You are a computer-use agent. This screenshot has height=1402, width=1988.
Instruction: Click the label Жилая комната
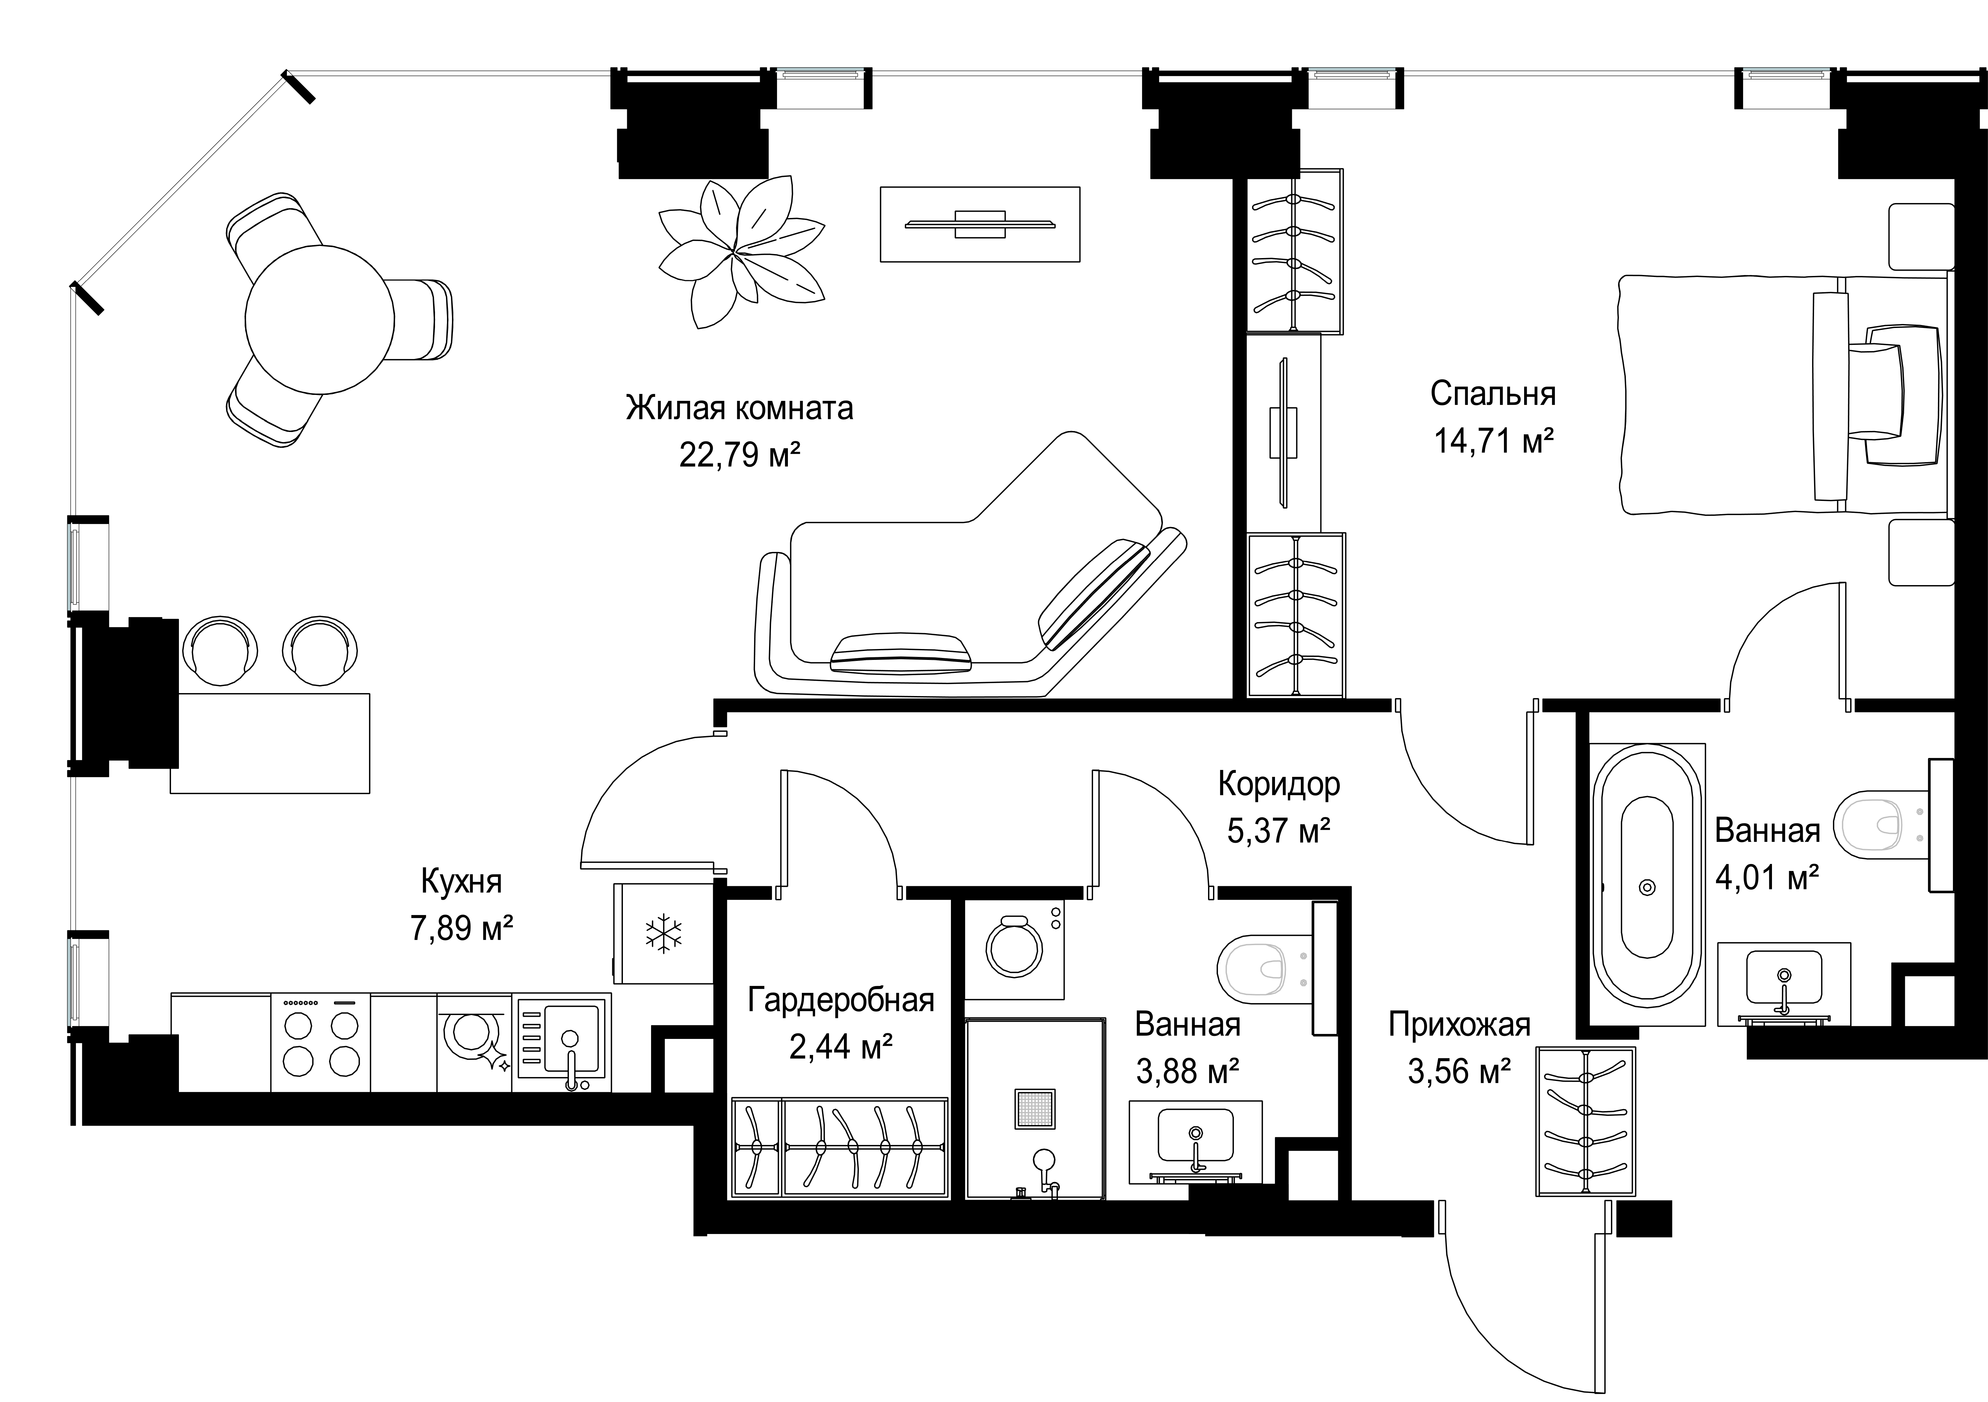tap(740, 408)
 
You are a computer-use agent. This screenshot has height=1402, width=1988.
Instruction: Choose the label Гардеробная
tap(841, 1000)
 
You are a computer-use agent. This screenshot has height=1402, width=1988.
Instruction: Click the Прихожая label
tap(1459, 1024)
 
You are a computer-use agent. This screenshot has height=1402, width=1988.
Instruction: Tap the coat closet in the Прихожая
tap(1586, 1122)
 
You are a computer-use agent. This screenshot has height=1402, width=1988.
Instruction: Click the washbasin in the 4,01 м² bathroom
tap(1784, 985)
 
